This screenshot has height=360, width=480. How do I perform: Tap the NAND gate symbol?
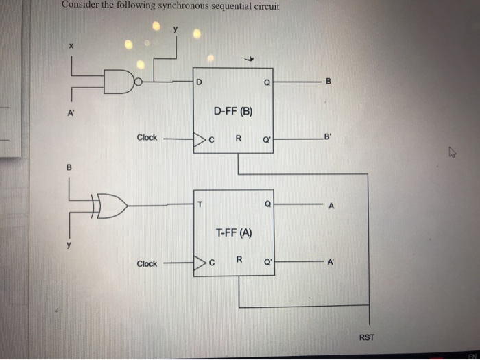[x=123, y=82]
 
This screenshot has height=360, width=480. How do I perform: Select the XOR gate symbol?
[x=111, y=204]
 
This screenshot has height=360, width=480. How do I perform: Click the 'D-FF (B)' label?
[x=233, y=110]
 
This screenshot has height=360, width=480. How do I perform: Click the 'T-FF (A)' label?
[x=234, y=233]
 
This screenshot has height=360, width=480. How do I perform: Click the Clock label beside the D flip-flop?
[x=147, y=137]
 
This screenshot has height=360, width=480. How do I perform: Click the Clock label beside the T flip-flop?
[x=147, y=263]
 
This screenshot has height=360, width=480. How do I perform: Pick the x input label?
[x=69, y=46]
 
